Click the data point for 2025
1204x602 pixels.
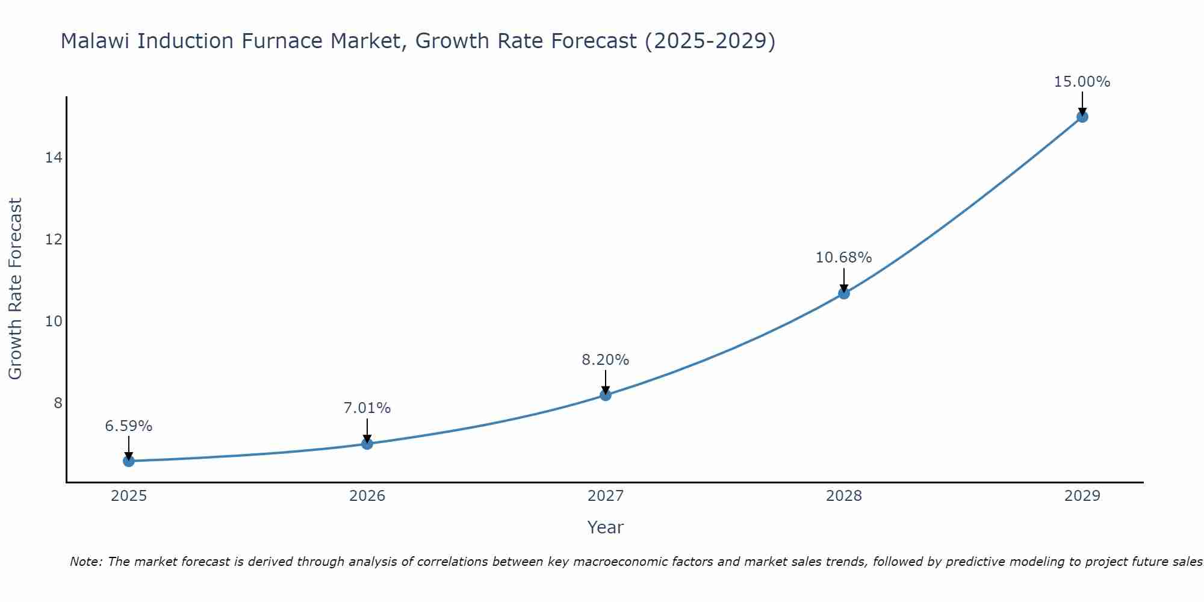click(129, 461)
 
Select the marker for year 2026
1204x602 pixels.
click(367, 444)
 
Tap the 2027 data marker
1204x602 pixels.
click(606, 395)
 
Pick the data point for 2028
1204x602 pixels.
click(844, 293)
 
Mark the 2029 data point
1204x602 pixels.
click(1082, 117)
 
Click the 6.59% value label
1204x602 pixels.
click(129, 426)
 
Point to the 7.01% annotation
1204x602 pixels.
click(367, 408)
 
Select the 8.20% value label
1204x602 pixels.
click(606, 360)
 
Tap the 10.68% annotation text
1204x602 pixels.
click(844, 258)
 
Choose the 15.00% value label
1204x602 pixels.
click(1082, 82)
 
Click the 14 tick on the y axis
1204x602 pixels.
click(54, 158)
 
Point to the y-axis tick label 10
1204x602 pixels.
click(54, 321)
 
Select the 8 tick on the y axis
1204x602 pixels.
click(58, 403)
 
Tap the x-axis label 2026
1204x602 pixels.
click(367, 496)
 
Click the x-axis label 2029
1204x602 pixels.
click(1082, 496)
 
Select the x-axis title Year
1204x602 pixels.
click(606, 527)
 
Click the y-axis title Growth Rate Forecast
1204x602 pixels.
click(16, 289)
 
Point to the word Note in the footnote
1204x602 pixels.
click(85, 562)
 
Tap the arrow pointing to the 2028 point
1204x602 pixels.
click(844, 280)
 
